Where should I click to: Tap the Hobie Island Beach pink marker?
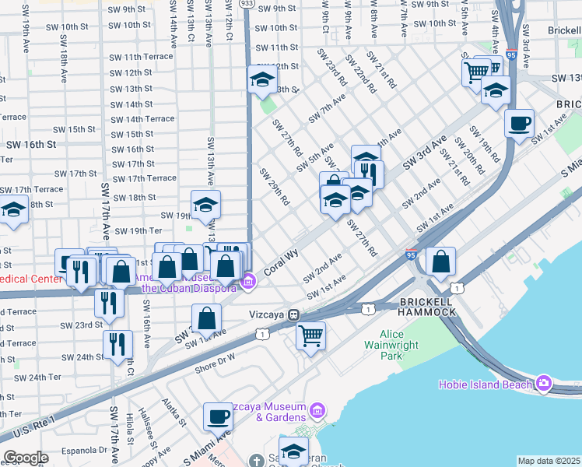click(x=542, y=383)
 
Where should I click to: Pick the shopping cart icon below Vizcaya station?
click(x=310, y=335)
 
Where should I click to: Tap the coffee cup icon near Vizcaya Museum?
click(x=218, y=416)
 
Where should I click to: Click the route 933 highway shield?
click(x=247, y=4)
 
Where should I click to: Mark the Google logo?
click(x=26, y=458)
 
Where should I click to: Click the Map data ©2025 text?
click(x=549, y=461)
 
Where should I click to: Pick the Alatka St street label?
click(x=174, y=414)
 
